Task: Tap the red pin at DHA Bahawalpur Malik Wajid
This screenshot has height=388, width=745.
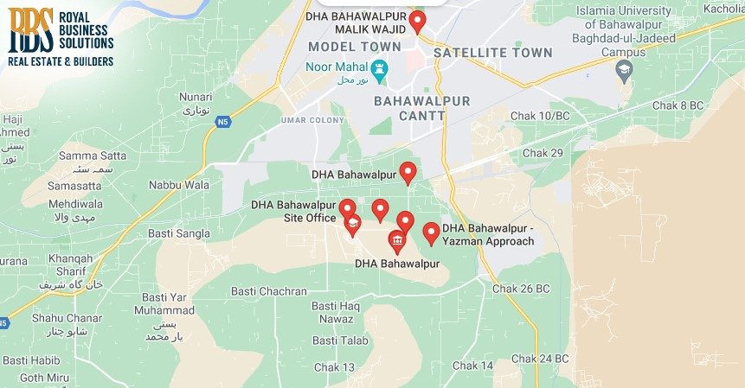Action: click(418, 21)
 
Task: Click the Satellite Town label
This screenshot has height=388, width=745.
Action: click(492, 53)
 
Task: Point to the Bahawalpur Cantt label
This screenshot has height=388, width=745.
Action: click(421, 108)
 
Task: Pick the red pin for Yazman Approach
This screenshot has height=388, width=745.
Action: click(431, 232)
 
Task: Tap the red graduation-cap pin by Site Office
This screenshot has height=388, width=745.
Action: click(352, 224)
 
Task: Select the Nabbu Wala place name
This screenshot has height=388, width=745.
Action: click(179, 185)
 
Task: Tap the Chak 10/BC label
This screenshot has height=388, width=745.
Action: click(540, 116)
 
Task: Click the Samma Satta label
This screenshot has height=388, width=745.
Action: click(92, 156)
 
